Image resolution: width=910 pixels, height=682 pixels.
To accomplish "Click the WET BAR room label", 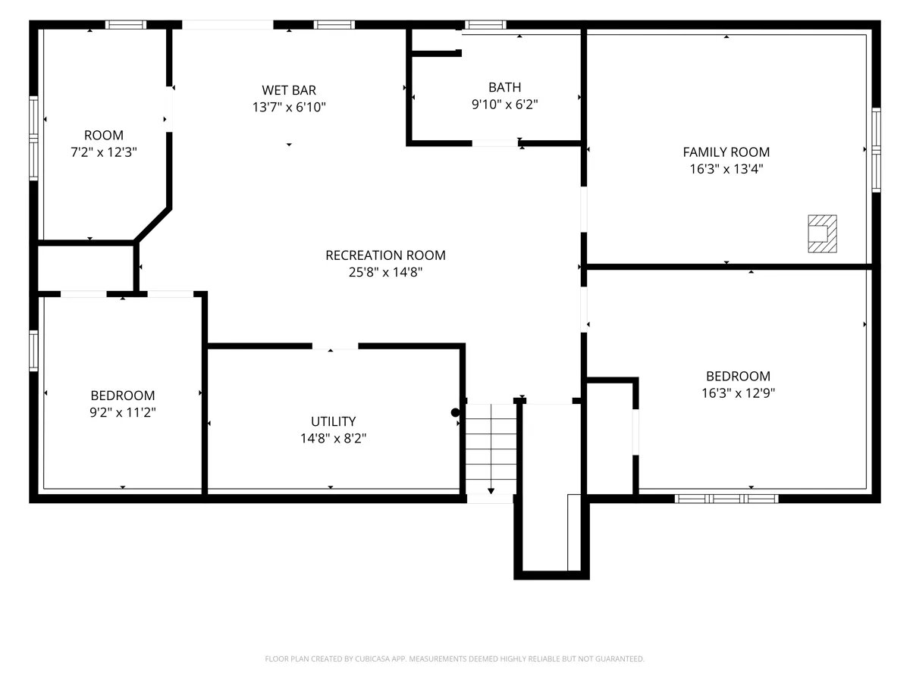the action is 289,90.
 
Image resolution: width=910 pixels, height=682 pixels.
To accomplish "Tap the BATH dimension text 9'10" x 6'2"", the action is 504,105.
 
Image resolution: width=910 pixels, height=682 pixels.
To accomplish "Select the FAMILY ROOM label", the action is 726,152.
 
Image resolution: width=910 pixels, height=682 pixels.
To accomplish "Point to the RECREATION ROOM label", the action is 385,255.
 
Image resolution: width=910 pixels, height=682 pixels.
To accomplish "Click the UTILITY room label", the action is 333,421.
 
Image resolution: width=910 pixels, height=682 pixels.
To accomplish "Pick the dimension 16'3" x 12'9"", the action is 738,393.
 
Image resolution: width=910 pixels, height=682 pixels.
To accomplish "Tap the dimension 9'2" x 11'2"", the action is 123,412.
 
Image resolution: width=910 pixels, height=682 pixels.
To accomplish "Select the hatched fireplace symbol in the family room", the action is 822,233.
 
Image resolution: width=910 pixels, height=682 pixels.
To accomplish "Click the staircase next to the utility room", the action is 491,449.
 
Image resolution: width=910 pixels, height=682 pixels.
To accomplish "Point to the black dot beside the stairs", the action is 455,412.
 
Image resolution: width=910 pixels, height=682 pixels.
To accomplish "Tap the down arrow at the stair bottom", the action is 491,491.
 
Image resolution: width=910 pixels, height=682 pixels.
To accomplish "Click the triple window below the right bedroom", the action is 726,499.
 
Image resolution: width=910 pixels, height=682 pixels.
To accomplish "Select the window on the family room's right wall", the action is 876,150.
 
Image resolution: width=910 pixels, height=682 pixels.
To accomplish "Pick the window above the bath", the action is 485,24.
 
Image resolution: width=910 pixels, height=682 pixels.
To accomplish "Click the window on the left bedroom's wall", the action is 33,351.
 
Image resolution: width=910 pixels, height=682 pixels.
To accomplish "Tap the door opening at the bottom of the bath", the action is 495,143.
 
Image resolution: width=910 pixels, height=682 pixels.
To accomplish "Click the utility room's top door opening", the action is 335,346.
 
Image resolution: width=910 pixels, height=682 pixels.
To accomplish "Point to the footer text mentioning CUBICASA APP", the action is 454,659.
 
